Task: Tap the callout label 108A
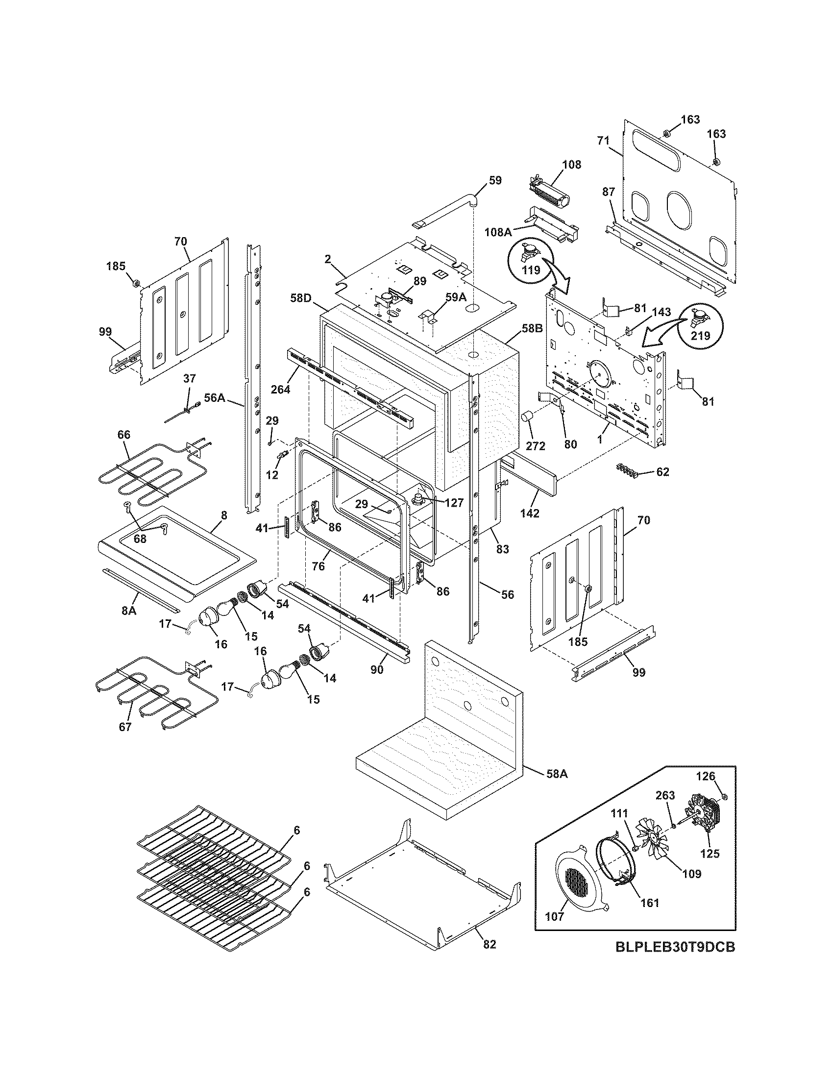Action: [x=497, y=231]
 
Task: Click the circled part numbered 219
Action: [x=699, y=323]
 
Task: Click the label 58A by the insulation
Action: [x=557, y=774]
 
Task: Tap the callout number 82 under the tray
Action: [x=489, y=944]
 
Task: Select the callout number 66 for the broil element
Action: [x=124, y=434]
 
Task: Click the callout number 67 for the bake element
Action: [x=125, y=727]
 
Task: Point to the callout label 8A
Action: [x=129, y=611]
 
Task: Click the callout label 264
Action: [x=280, y=390]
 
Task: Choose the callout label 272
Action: [x=536, y=446]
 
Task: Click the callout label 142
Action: [x=530, y=513]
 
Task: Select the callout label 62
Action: [x=662, y=472]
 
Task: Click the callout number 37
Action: [x=190, y=379]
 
